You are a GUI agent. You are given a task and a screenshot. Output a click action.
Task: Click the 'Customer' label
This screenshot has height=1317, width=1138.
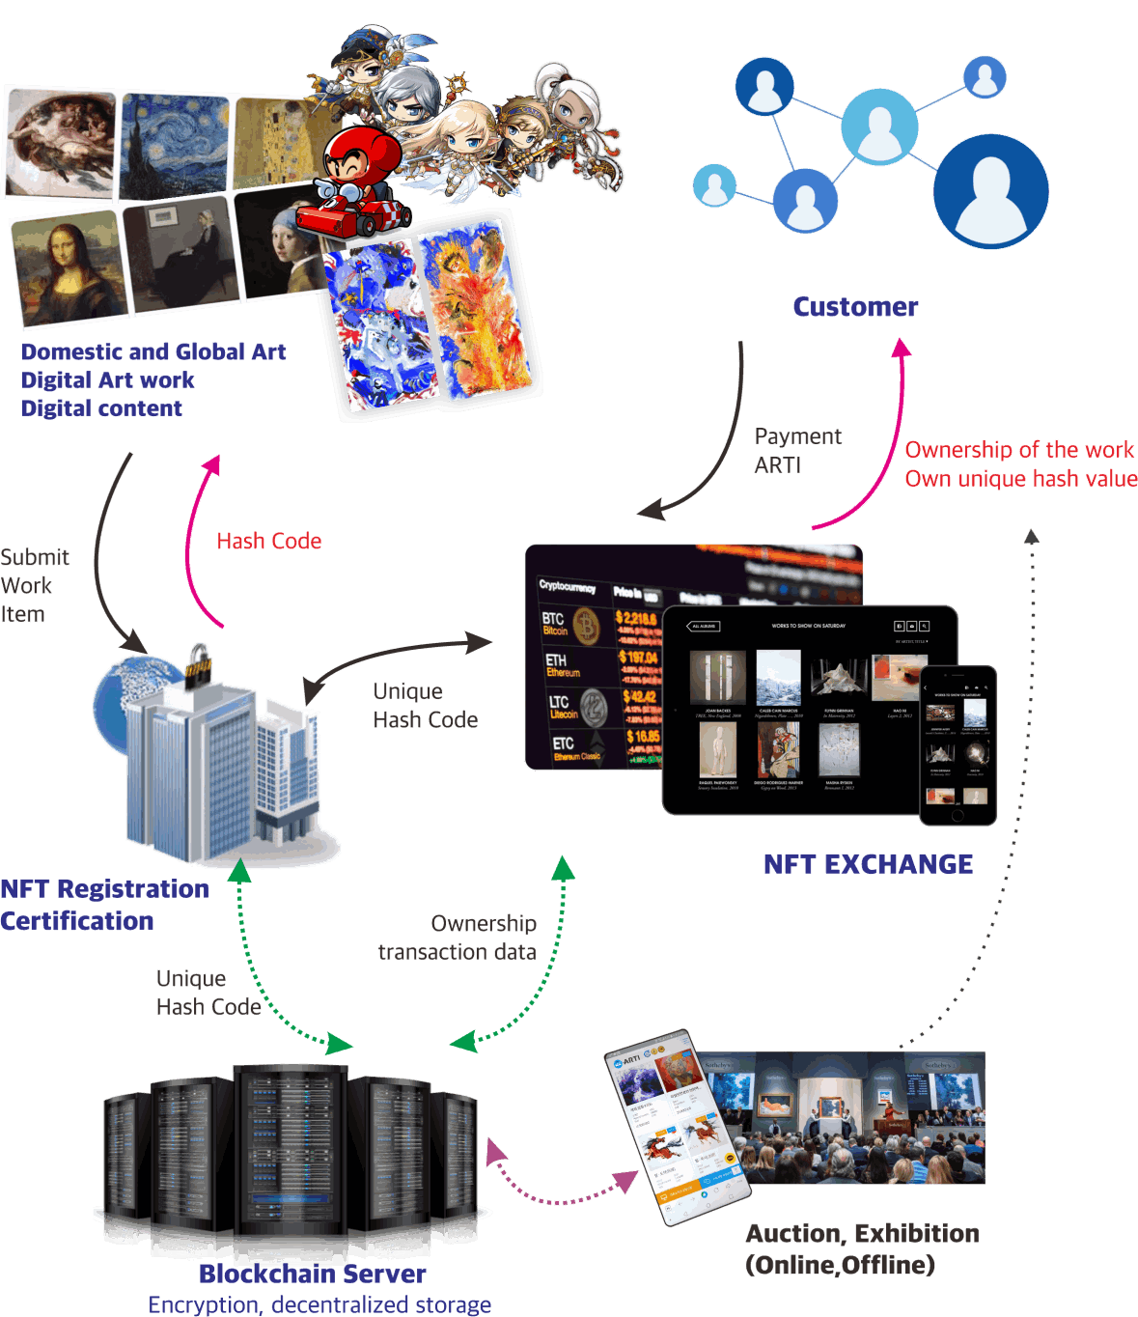855,307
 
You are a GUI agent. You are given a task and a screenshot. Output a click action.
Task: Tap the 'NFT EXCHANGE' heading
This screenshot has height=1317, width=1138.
868,864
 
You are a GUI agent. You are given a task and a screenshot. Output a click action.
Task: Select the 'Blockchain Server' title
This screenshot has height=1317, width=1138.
313,1274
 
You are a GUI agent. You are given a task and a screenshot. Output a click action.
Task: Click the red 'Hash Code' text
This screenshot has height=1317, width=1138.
269,542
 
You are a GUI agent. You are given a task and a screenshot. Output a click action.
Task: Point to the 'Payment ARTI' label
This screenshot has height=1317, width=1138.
797,451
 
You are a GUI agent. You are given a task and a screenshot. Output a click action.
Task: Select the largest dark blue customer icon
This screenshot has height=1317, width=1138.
990,191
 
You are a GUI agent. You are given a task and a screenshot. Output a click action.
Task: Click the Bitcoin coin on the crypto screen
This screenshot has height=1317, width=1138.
587,625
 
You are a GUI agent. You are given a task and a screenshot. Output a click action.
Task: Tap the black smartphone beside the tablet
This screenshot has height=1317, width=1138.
958,744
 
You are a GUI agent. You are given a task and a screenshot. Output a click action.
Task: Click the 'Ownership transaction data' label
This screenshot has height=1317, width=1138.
458,938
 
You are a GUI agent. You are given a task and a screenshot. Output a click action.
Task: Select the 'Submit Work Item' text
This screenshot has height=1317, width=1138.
35,586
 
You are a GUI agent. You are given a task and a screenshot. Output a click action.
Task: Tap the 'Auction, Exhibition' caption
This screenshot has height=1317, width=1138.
862,1234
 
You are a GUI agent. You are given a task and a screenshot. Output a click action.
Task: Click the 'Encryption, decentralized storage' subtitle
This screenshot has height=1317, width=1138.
319,1304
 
